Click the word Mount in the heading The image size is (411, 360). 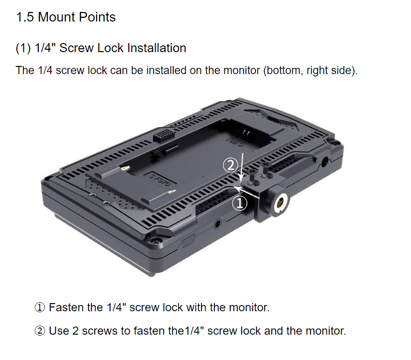click(56, 17)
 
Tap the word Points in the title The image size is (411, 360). click(97, 17)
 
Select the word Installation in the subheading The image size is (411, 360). click(157, 48)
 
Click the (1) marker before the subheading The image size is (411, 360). click(23, 48)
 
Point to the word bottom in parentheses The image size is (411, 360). click(283, 70)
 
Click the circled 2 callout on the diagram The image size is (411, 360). click(231, 165)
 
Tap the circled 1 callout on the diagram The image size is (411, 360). click(240, 203)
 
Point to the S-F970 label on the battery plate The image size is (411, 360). click(160, 179)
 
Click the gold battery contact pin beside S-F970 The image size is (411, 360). click(125, 168)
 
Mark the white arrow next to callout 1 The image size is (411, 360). click(246, 192)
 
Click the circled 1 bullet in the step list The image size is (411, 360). click(40, 307)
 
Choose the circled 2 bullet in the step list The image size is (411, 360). click(40, 331)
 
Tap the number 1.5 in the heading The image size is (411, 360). click(25, 17)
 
